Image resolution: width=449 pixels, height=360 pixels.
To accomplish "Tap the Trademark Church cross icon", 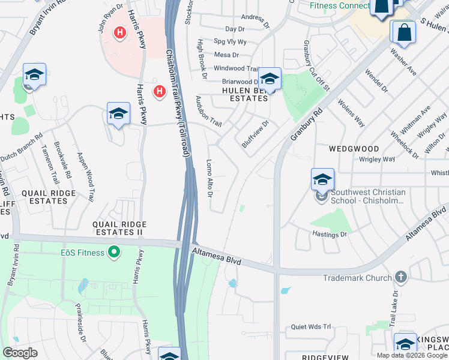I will pos(402,278).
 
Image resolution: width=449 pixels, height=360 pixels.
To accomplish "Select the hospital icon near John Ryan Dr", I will pos(120,32).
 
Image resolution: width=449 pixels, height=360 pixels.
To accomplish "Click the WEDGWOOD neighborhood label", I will pos(354,148).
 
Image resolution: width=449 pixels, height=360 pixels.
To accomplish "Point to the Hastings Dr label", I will pos(330,235).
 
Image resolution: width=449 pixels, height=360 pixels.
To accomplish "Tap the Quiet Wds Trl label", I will pos(311,327).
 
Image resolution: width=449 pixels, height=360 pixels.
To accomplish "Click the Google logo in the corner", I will pos(20,352).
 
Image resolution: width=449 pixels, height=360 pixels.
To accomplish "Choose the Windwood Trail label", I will pos(236,69).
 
